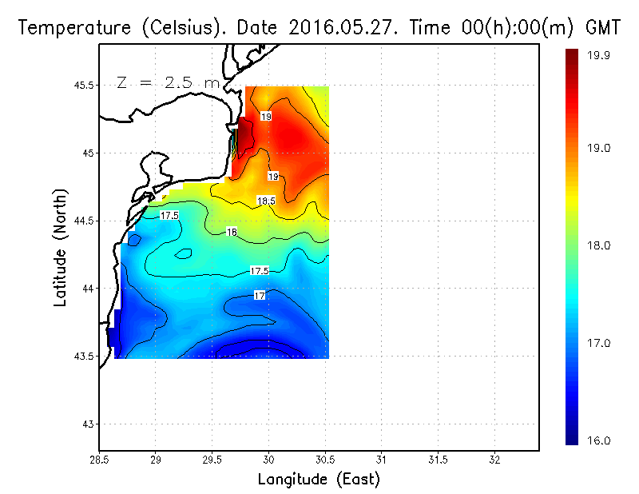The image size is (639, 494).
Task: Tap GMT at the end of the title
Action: [x=604, y=27]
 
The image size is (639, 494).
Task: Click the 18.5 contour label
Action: [x=266, y=200]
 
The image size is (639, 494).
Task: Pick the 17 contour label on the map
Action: [x=259, y=296]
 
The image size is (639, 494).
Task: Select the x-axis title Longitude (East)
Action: [x=319, y=479]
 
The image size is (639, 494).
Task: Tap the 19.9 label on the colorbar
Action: [x=599, y=55]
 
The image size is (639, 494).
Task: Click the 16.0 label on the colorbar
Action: [x=599, y=440]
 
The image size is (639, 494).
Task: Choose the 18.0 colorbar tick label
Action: [x=599, y=245]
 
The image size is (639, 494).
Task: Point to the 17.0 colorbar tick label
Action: [x=599, y=343]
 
